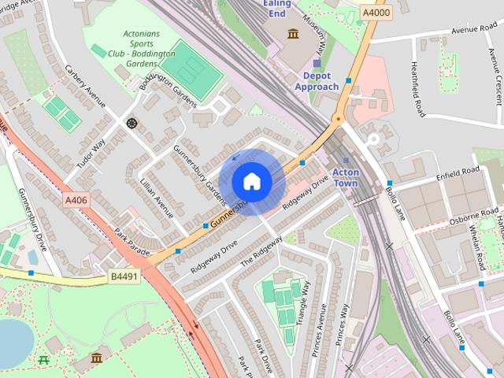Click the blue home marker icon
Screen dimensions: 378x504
pyautogui.click(x=251, y=181)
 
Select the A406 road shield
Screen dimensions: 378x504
pyautogui.click(x=76, y=201)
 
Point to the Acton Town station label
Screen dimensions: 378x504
pyautogui.click(x=346, y=176)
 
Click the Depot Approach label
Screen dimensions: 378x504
pyautogui.click(x=317, y=81)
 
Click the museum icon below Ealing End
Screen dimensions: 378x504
pyautogui.click(x=293, y=34)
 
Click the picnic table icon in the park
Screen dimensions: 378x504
pyautogui.click(x=43, y=360)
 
